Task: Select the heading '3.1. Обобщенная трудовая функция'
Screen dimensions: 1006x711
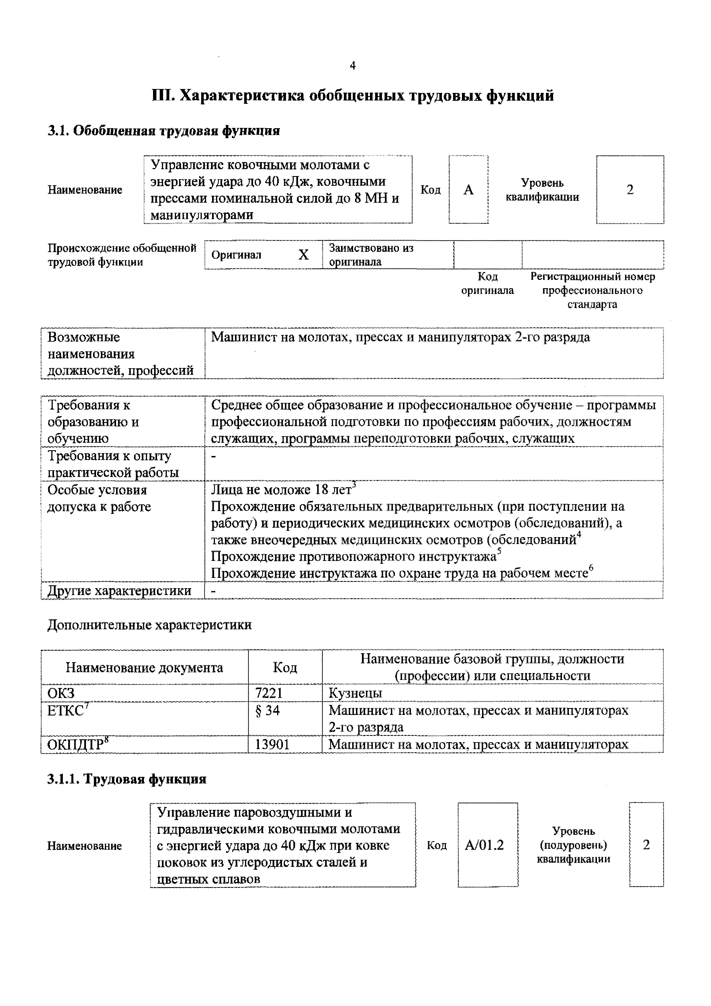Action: click(x=164, y=130)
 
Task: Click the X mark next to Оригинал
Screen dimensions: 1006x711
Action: click(x=303, y=255)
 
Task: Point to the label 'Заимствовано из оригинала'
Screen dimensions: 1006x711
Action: click(x=371, y=255)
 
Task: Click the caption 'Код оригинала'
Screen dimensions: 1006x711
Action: click(x=487, y=284)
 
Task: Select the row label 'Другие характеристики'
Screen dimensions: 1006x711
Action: click(x=119, y=591)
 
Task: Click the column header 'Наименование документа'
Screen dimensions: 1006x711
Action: click(x=144, y=668)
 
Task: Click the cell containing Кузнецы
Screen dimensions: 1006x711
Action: click(x=355, y=693)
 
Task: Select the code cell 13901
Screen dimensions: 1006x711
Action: click(x=272, y=744)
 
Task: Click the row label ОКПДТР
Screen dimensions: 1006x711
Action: click(x=75, y=744)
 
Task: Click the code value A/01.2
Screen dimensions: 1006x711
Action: click(x=484, y=845)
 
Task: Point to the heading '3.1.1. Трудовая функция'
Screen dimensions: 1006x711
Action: click(x=127, y=779)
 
